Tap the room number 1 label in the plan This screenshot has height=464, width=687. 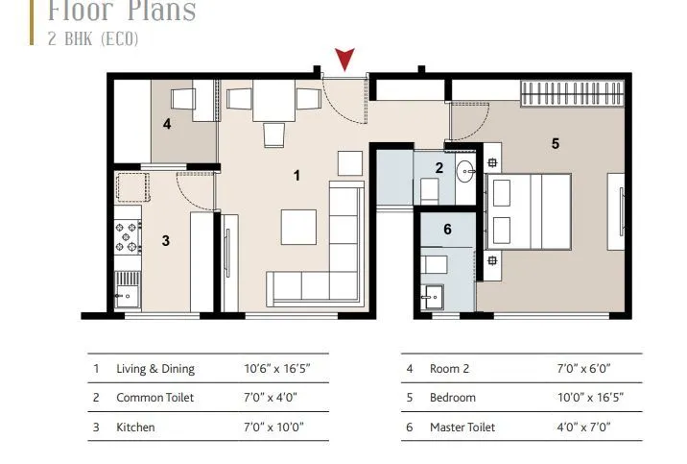[x=297, y=175]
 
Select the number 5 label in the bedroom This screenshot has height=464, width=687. [x=555, y=144]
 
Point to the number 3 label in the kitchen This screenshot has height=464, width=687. [x=165, y=240]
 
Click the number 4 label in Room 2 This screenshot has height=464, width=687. [x=167, y=124]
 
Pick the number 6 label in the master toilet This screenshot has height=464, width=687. [x=447, y=230]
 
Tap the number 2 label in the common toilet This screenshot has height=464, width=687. [x=439, y=168]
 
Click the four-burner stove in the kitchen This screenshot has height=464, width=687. [x=127, y=237]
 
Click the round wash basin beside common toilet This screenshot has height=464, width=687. [x=465, y=173]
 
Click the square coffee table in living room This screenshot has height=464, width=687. [x=298, y=228]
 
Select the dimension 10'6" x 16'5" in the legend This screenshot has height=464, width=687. [x=277, y=369]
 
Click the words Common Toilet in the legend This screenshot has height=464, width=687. [x=154, y=398]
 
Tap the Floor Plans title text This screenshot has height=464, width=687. [x=122, y=12]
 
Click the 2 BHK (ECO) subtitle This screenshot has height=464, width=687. [x=93, y=39]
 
